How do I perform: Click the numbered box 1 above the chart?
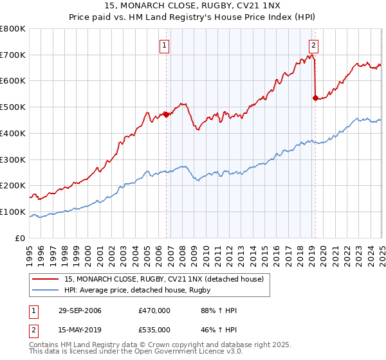[x=165, y=45]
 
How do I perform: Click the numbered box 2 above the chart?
[x=313, y=45]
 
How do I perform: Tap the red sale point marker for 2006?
[x=166, y=115]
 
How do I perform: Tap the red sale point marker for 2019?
[x=315, y=98]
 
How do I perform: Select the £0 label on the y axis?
[x=21, y=238]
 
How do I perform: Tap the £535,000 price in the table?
[x=154, y=329]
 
